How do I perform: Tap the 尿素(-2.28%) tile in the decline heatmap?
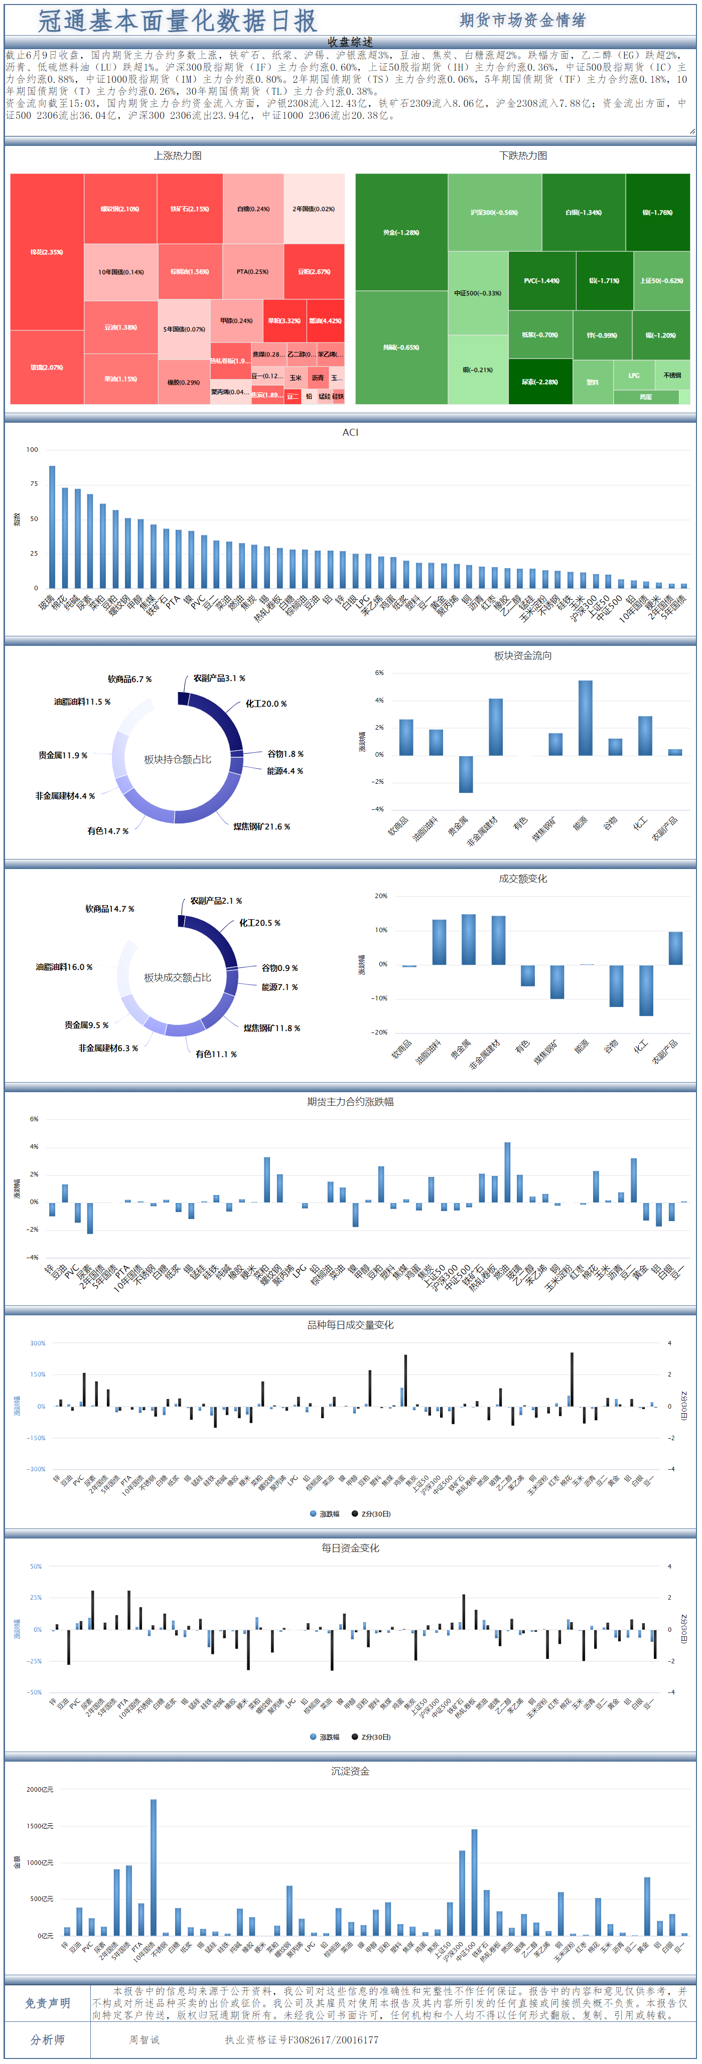[539, 382]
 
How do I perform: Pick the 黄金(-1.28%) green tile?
[401, 232]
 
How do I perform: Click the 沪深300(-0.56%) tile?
[494, 212]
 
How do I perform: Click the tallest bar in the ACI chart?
[52, 527]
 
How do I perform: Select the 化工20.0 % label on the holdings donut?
[265, 704]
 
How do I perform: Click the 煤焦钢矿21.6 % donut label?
[261, 826]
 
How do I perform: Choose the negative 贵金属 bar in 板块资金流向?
[466, 774]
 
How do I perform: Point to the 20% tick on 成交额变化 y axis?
[381, 896]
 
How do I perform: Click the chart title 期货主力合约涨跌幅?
[350, 1102]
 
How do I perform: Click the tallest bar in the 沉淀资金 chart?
[153, 1867]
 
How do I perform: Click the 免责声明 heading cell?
[47, 2003]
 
